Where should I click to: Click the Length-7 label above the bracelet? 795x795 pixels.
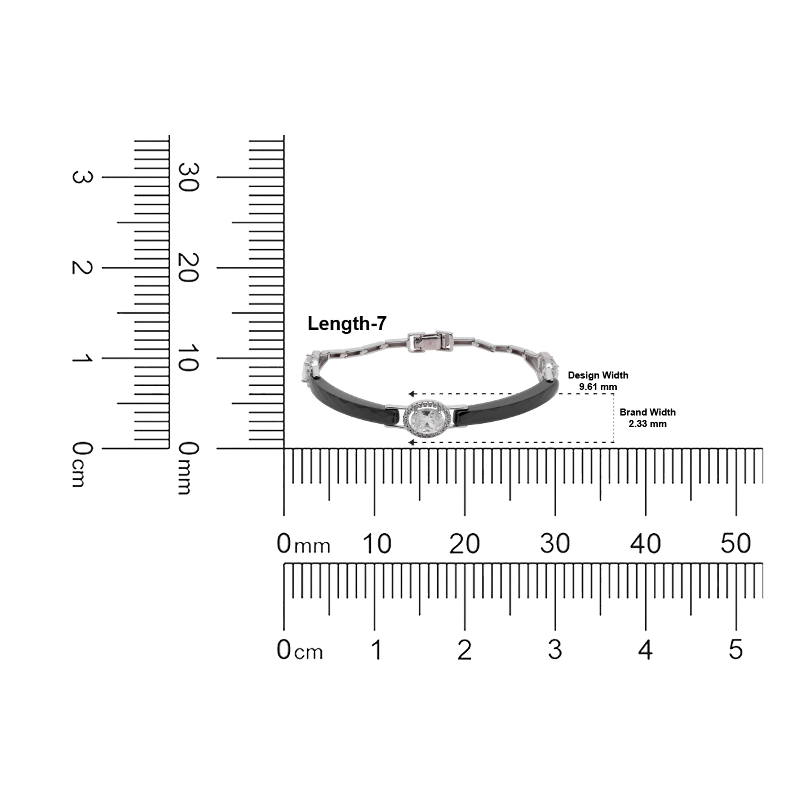pyautogui.click(x=347, y=324)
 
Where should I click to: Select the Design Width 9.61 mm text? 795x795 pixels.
pyautogui.click(x=598, y=381)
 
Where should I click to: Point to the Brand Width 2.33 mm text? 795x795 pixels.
pyautogui.click(x=647, y=418)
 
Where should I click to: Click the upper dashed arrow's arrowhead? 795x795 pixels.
pyautogui.click(x=411, y=394)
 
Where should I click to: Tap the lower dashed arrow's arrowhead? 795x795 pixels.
pyautogui.click(x=411, y=442)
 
